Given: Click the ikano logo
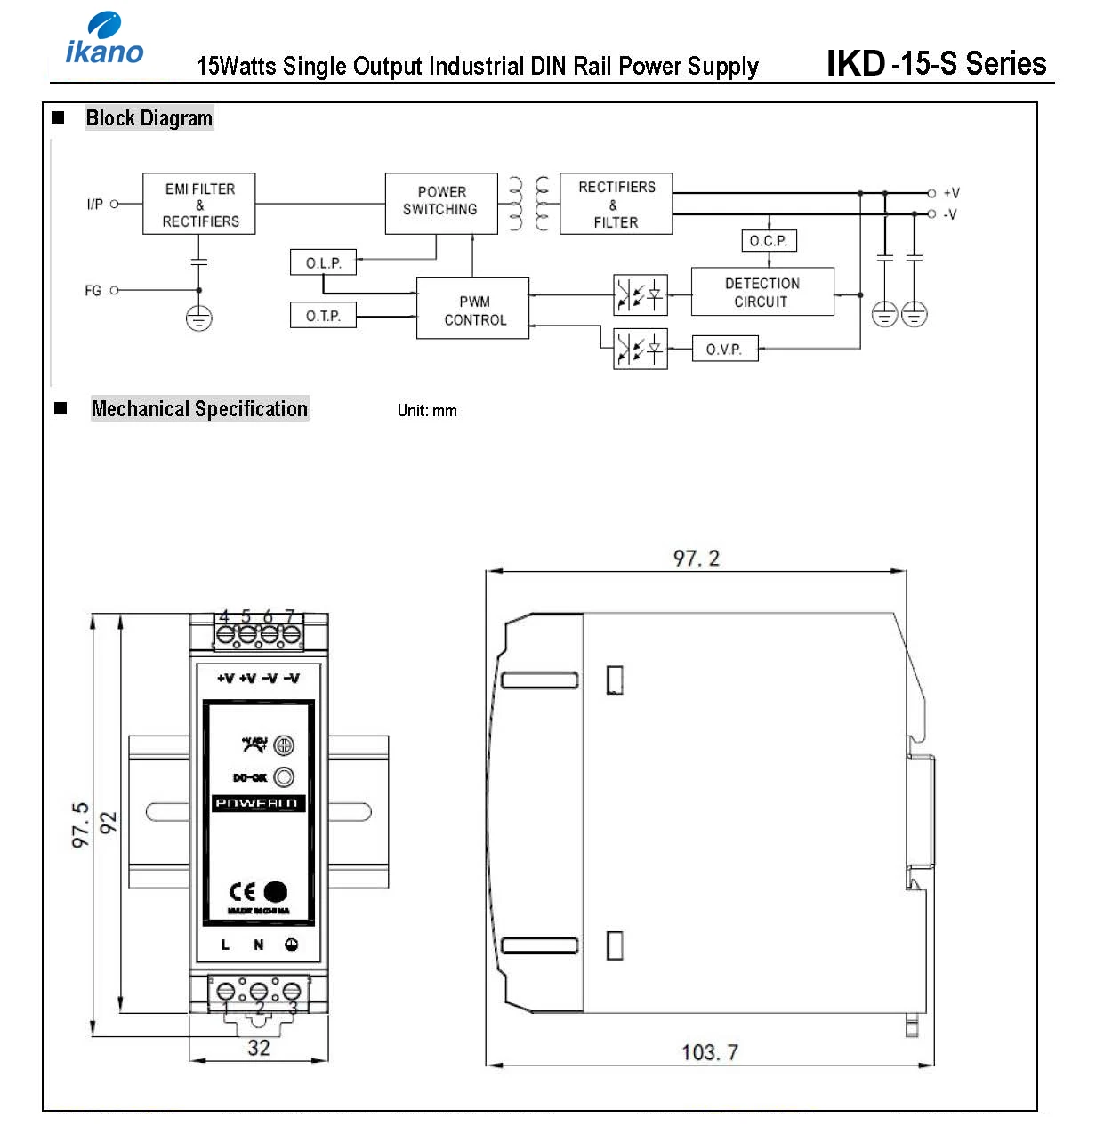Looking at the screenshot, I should pyautogui.click(x=104, y=39).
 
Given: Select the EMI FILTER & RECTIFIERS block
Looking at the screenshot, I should pyautogui.click(x=199, y=205).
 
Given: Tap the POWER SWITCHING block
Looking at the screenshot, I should pyautogui.click(x=441, y=203).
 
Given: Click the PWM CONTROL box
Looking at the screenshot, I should pyautogui.click(x=473, y=309).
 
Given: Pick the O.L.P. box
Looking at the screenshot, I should pyautogui.click(x=323, y=262).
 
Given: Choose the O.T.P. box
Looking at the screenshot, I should pyautogui.click(x=323, y=316).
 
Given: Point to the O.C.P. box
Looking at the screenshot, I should pyautogui.click(x=769, y=241).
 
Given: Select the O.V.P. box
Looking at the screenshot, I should pyautogui.click(x=724, y=349).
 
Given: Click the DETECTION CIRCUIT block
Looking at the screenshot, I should pyautogui.click(x=762, y=292).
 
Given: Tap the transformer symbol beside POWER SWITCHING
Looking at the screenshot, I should pyautogui.click(x=528, y=204).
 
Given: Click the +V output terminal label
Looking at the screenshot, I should pyautogui.click(x=951, y=193).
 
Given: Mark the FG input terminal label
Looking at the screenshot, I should pyautogui.click(x=93, y=291).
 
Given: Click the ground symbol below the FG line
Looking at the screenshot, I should pyautogui.click(x=198, y=318).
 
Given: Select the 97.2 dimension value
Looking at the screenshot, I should pyautogui.click(x=696, y=559).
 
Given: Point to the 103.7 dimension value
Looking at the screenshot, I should pyautogui.click(x=709, y=1052).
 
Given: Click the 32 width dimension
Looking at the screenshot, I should pyautogui.click(x=258, y=1048).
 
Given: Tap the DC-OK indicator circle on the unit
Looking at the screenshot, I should pyautogui.click(x=284, y=777).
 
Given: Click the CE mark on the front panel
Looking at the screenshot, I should pyautogui.click(x=243, y=892).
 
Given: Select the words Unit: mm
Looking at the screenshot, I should pyautogui.click(x=427, y=411).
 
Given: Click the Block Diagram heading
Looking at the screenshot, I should pyautogui.click(x=149, y=118).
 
